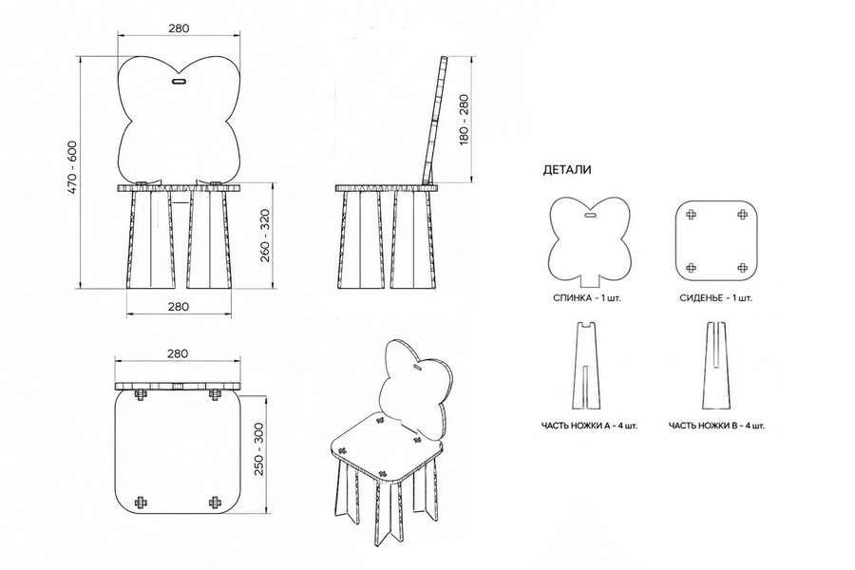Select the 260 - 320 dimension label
coord(265,235)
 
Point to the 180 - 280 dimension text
coord(464,120)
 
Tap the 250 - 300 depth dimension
coord(258,448)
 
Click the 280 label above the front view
coord(179,28)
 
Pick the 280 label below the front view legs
coord(179,307)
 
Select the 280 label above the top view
coord(178,353)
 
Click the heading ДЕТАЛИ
coord(567,170)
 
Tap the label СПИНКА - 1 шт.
coord(587,298)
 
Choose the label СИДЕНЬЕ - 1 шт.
coord(715,298)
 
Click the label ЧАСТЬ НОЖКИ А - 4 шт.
coord(589,426)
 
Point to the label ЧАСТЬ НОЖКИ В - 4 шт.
coord(716,426)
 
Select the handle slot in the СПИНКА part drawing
coord(590,216)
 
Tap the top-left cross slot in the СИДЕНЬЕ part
coord(691,215)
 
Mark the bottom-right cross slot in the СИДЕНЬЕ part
coord(742,267)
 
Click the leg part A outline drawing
coord(587,366)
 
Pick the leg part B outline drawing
coord(716,366)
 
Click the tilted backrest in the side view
coord(434,120)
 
